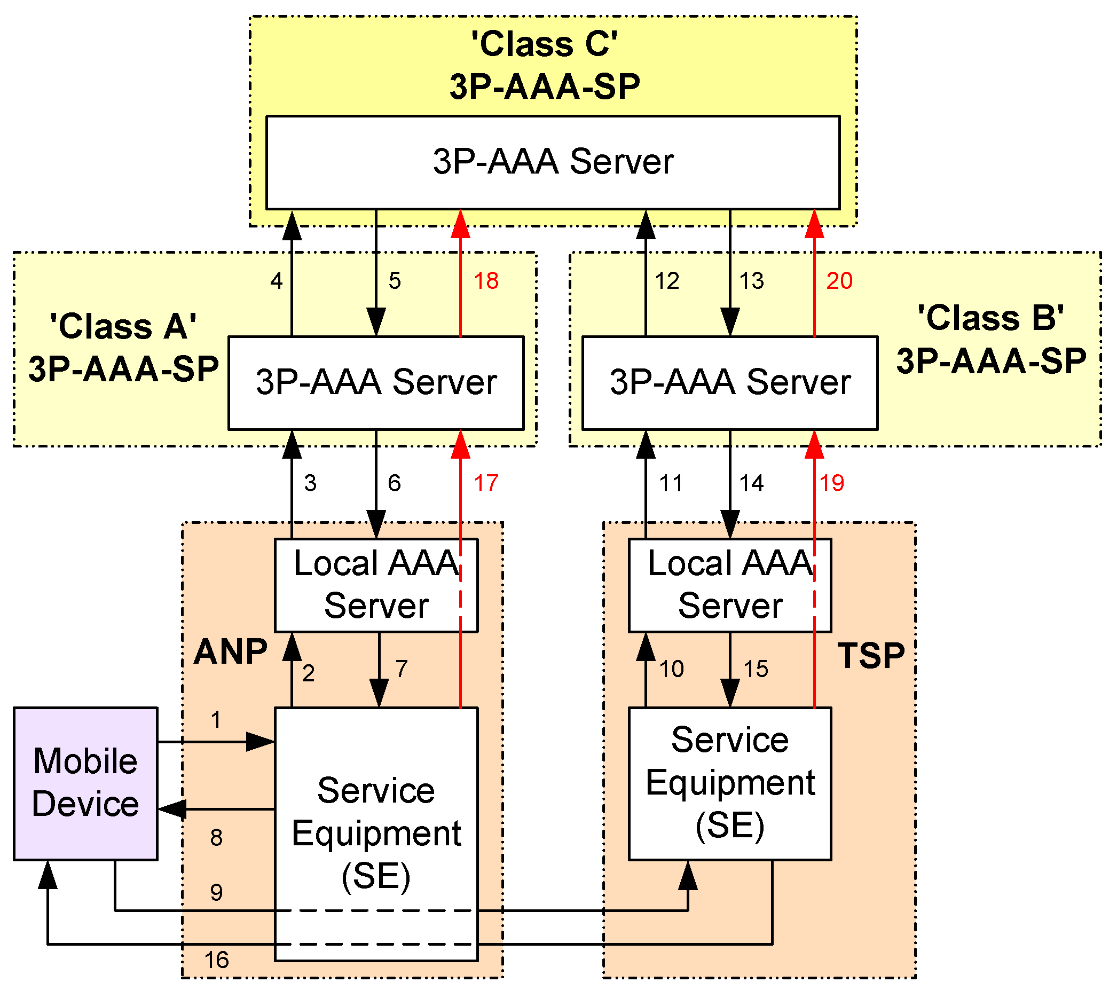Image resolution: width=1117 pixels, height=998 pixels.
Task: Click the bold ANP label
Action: (x=231, y=653)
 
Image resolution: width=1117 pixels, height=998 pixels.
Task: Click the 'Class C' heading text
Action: (x=545, y=44)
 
